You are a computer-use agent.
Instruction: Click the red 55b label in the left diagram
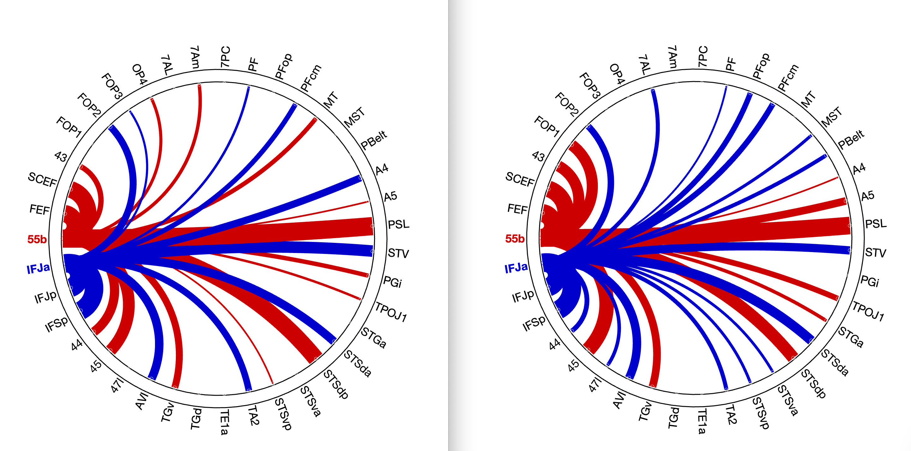37,239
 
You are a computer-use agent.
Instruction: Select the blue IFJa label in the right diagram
516,268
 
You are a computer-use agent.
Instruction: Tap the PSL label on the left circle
399,224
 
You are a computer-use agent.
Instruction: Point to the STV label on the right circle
876,253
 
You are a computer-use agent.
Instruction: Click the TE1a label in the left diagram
224,422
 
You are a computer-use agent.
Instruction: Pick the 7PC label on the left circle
225,57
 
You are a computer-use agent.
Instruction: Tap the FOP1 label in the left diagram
69,127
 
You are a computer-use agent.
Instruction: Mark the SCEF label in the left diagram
42,180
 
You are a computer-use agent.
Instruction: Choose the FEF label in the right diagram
517,209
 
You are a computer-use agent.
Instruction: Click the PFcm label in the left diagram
311,77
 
